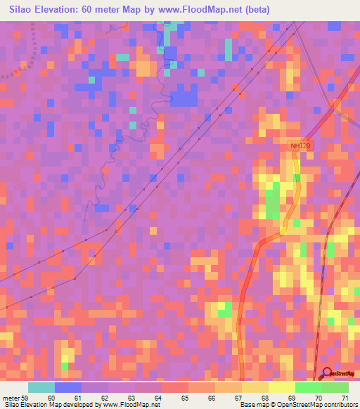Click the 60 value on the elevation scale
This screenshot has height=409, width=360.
(51, 398)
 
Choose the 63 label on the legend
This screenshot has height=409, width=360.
(131, 398)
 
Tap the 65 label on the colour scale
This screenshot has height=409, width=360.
(185, 398)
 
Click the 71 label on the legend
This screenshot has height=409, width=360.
(345, 398)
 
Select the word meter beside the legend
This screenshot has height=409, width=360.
(10, 398)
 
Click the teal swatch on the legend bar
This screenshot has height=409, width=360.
(41, 387)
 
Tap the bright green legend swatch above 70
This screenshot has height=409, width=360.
(308, 387)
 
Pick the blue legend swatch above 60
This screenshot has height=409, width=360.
(68, 387)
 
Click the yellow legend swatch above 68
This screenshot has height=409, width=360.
(255, 387)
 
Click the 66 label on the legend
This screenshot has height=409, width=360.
(212, 398)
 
